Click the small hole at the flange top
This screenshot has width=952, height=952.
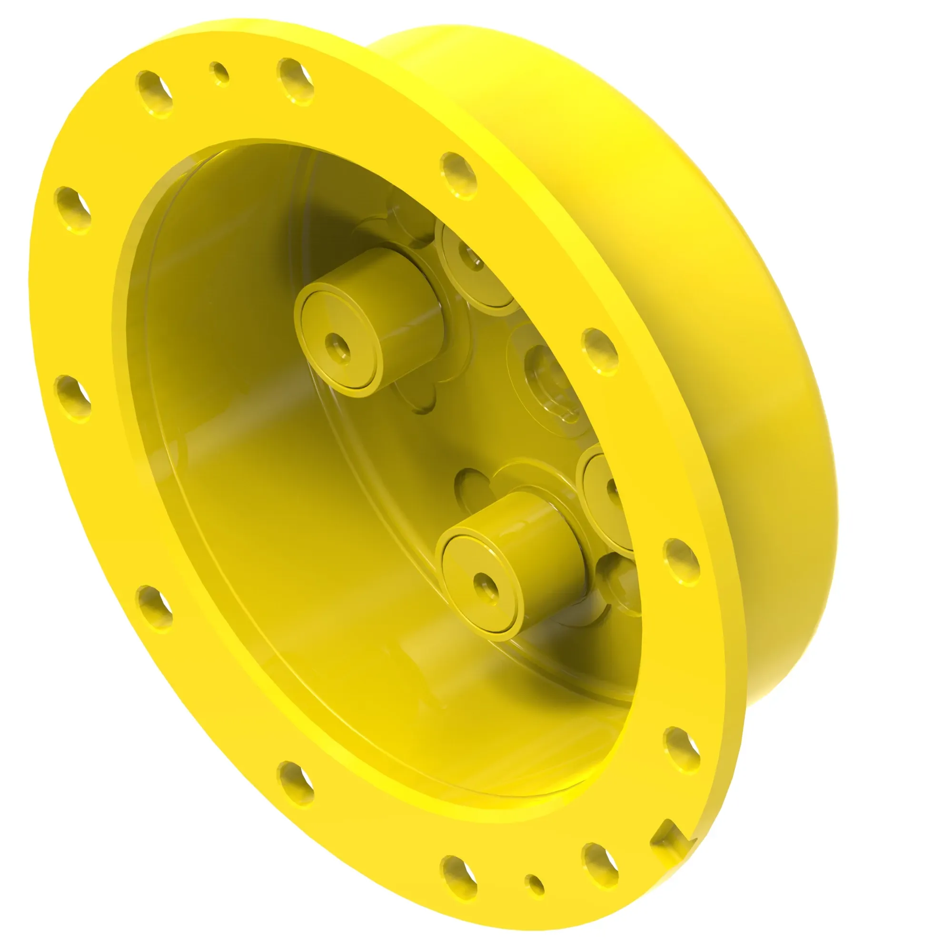click(x=219, y=74)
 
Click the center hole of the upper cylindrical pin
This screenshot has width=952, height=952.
click(x=338, y=346)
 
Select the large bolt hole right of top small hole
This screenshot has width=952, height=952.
click(x=296, y=81)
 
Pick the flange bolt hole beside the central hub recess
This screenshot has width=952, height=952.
click(x=599, y=352)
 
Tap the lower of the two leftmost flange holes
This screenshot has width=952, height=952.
click(x=72, y=398)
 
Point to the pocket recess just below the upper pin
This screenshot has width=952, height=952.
click(x=419, y=399)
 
